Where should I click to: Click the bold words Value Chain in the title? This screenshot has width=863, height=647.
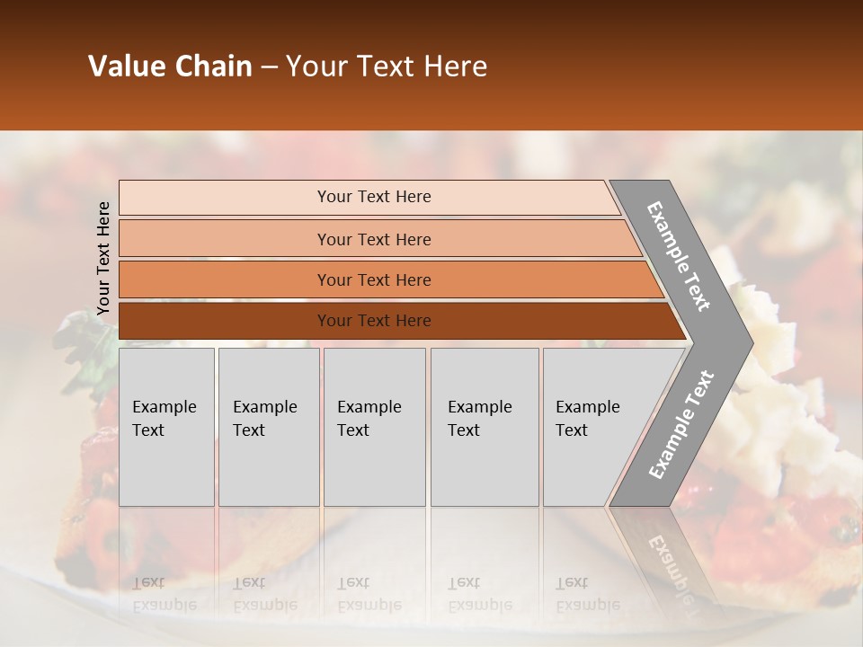[170, 66]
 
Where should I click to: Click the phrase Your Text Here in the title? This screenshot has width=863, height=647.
[386, 66]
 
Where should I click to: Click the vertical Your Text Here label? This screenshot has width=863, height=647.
[103, 258]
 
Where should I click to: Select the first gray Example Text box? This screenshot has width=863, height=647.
[166, 427]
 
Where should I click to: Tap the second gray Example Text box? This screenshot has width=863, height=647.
[268, 427]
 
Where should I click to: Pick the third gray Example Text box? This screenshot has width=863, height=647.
[374, 427]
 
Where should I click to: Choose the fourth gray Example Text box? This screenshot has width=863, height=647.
[484, 427]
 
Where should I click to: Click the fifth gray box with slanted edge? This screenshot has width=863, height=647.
[593, 427]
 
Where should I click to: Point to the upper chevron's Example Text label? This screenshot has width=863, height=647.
[679, 255]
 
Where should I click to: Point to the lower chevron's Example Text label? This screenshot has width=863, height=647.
[681, 424]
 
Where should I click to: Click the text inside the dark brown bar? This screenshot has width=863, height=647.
[374, 321]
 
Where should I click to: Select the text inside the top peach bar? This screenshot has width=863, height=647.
[374, 197]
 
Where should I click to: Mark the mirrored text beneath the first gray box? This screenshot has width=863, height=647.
[164, 594]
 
